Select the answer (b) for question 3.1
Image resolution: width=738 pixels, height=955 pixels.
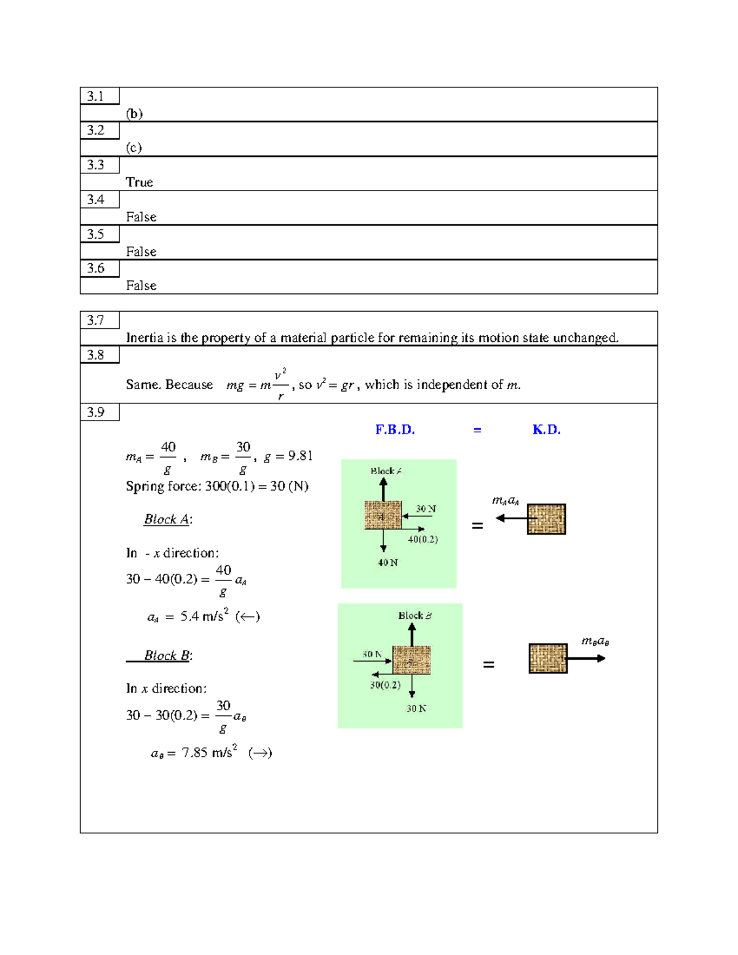coord(134,114)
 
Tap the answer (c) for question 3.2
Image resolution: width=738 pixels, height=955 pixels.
coord(134,148)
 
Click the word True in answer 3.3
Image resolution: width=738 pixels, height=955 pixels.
coord(140,182)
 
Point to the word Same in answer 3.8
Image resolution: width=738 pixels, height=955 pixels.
coord(140,384)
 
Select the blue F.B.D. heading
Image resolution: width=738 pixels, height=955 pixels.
coord(395,430)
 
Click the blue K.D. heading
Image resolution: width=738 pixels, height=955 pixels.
coord(546,430)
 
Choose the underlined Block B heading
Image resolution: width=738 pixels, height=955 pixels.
coord(167,656)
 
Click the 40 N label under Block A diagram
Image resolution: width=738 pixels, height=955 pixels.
coord(388,563)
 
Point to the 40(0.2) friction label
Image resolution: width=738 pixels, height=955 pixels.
coord(423,539)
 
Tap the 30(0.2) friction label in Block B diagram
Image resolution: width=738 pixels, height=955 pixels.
coord(385,685)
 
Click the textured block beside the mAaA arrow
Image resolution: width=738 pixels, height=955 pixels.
coord(546,519)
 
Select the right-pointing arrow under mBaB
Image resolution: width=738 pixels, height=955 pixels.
coord(585,659)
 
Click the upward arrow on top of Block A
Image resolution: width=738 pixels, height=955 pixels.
coord(383,490)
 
